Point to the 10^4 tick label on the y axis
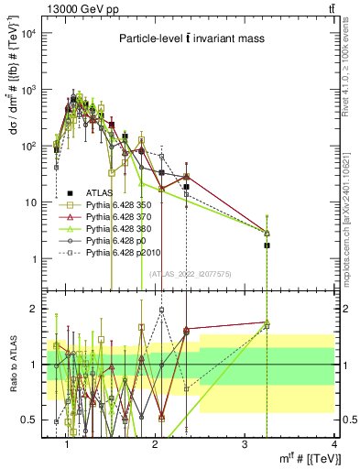27,34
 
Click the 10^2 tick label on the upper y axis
27,147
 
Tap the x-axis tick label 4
333,443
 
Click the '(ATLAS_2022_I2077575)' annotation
190,272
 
